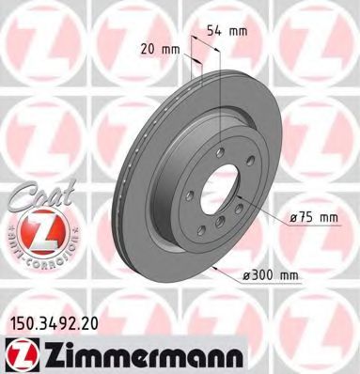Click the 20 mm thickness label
(x=160, y=48)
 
